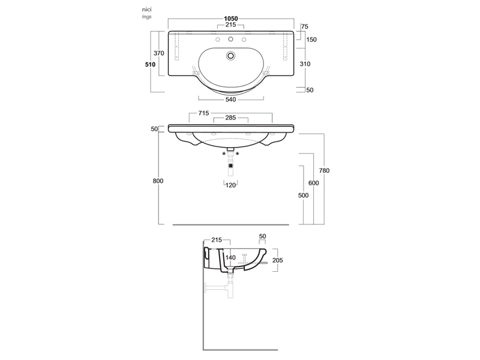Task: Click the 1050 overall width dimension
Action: click(231, 19)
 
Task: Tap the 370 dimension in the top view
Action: click(159, 53)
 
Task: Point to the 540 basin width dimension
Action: click(230, 100)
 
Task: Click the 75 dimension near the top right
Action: click(305, 27)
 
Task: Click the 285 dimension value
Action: click(231, 118)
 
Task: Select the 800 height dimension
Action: click(158, 181)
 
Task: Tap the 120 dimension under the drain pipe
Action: click(230, 185)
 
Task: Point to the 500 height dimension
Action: click(303, 196)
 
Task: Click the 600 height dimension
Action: click(314, 183)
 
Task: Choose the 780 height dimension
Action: click(325, 171)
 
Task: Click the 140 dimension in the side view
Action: click(230, 257)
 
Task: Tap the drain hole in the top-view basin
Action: click(231, 56)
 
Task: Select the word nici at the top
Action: click(146, 10)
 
